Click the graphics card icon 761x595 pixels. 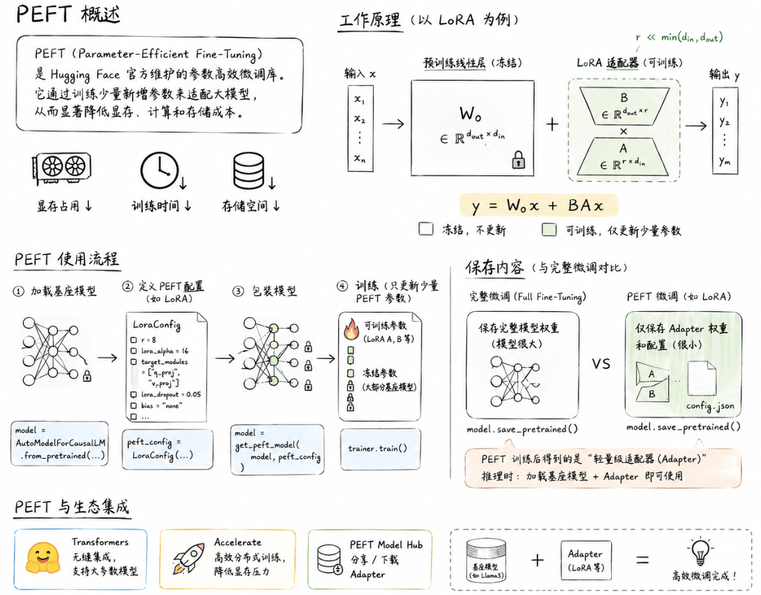pos(62,167)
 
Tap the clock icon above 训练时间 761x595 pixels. pos(159,170)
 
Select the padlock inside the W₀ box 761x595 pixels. pos(518,160)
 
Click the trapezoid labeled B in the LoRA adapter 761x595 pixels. pos(624,106)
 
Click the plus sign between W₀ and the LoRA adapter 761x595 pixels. pos(552,124)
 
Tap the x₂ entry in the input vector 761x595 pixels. pos(359,119)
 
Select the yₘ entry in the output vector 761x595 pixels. pos(724,161)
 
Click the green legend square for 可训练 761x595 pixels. pos(549,230)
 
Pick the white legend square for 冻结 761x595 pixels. pos(426,229)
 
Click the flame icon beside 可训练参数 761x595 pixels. pos(351,329)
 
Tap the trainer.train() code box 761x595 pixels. pos(380,450)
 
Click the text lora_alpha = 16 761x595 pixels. pos(164,351)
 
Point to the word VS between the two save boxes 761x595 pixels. pos(601,364)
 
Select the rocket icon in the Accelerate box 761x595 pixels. pos(189,558)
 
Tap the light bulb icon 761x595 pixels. pos(700,550)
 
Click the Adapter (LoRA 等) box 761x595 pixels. pos(586,560)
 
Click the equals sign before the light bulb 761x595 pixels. pos(643,560)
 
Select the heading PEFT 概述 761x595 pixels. pos(68,14)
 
